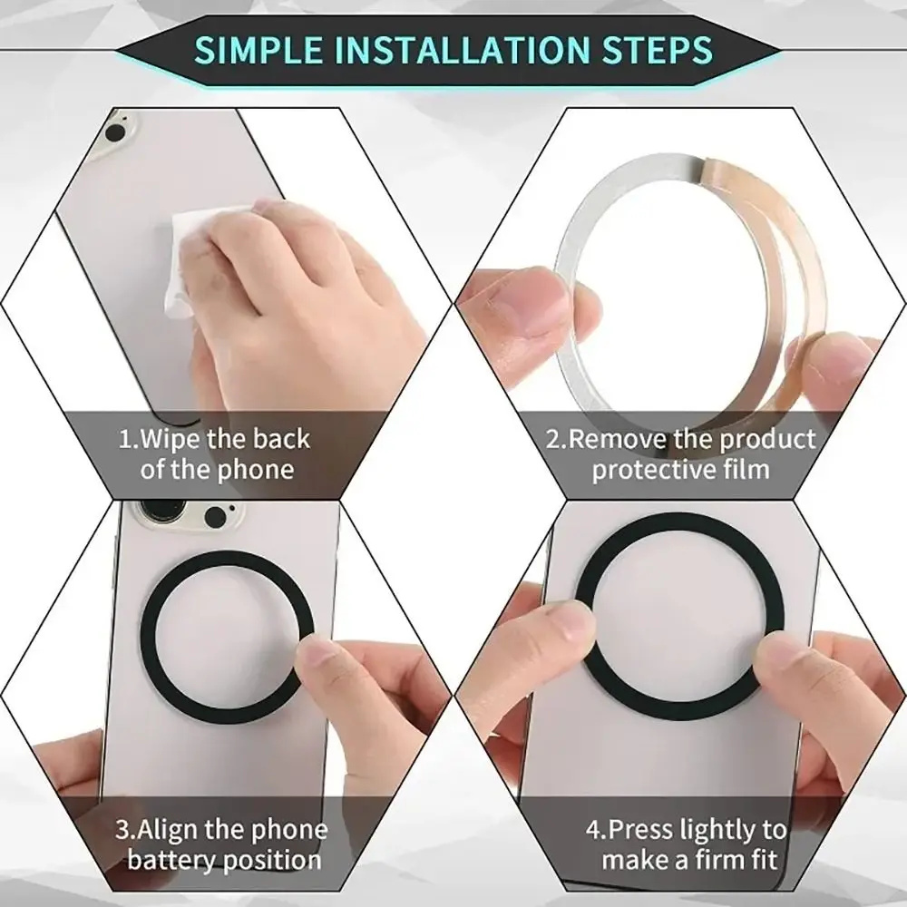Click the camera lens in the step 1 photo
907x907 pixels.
click(x=115, y=133)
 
